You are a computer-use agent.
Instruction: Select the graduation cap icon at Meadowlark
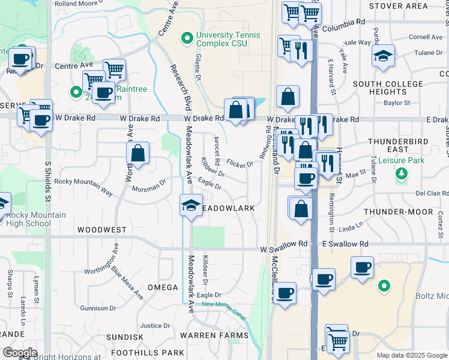(x=191, y=206)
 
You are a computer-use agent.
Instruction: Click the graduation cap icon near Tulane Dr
(x=383, y=57)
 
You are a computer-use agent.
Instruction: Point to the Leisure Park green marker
(x=401, y=173)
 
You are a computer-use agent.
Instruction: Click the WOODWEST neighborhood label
(x=101, y=230)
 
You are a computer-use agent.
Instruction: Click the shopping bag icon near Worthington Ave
(x=138, y=152)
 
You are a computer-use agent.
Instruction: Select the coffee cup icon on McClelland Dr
(x=285, y=293)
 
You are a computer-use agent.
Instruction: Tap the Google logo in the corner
(x=20, y=353)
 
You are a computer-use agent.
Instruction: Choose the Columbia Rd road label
(x=343, y=21)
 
